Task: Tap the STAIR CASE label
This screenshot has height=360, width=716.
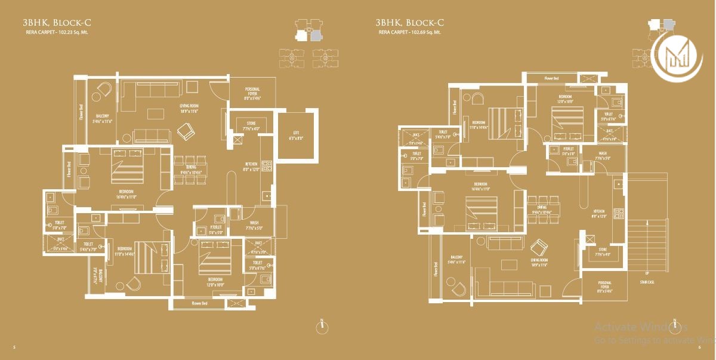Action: [646, 282]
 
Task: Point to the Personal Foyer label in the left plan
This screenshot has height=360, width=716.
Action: [252, 91]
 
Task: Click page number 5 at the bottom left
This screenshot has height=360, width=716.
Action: [14, 347]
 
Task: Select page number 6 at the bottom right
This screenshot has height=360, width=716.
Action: [699, 347]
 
